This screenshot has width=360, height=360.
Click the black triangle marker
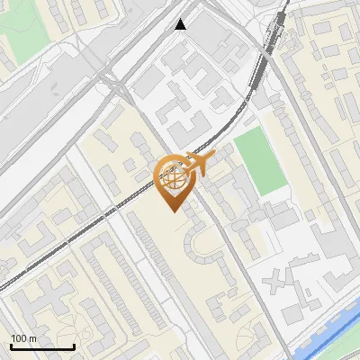[181, 24]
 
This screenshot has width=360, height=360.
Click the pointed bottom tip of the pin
[173, 211]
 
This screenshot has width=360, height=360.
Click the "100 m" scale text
[24, 338]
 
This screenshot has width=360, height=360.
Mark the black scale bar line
[41, 346]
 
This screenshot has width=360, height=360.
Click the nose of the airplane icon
[214, 157]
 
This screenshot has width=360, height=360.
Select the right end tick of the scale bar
[74, 346]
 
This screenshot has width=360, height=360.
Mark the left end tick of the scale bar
[10, 346]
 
